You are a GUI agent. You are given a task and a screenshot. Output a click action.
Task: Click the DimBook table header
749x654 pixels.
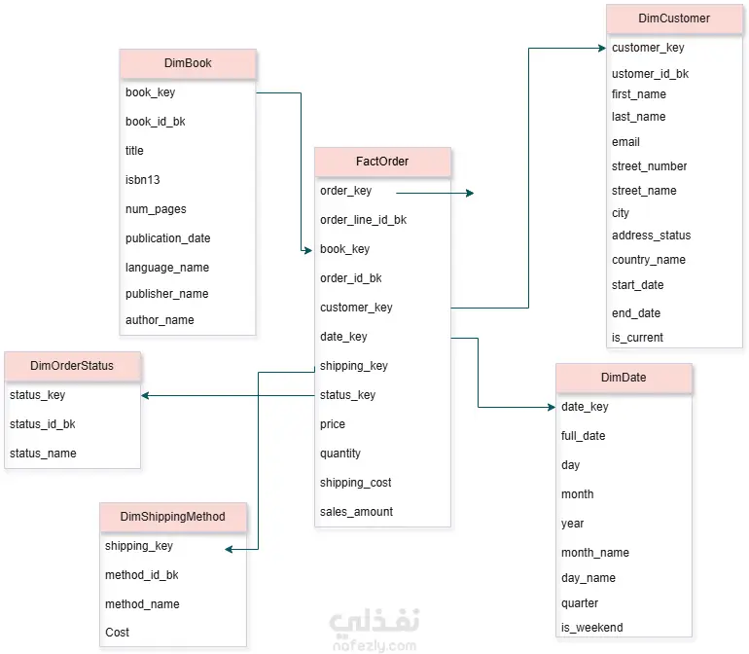coord(188,63)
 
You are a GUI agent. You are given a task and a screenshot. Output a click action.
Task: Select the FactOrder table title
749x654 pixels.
coord(382,162)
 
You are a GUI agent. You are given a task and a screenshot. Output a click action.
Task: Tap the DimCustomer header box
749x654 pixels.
coord(674,18)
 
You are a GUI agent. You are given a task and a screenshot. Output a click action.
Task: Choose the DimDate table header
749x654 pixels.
coord(624,378)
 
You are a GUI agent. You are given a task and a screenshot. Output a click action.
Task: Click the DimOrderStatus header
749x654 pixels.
coord(73,366)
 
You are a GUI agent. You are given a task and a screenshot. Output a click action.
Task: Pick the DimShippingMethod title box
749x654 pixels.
coord(173,517)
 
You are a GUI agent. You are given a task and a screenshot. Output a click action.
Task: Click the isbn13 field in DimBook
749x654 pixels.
coord(142,180)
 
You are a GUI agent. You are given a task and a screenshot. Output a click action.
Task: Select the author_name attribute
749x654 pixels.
coord(160,320)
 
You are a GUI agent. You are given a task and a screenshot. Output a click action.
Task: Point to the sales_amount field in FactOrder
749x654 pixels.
coord(356,512)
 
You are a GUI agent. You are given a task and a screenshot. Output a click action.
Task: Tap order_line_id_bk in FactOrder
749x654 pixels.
coord(363,220)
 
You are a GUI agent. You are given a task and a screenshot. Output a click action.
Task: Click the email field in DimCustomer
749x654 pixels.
coord(625,142)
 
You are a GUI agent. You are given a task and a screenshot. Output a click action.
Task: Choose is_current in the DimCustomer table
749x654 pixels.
coord(637,338)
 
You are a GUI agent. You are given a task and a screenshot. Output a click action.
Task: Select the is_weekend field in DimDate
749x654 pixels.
coord(591,628)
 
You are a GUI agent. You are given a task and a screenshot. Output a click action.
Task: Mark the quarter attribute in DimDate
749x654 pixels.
coord(580,603)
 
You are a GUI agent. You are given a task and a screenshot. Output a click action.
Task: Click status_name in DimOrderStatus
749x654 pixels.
coord(43,454)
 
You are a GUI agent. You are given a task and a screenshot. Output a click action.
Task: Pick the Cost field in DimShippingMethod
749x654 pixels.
coord(117,633)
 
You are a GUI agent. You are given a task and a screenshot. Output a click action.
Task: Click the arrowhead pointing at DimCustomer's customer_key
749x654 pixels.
coord(602,48)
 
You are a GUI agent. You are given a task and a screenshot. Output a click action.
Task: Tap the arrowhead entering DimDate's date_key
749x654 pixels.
coord(552,408)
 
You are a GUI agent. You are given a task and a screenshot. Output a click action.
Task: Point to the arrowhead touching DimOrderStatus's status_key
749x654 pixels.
coord(145,395)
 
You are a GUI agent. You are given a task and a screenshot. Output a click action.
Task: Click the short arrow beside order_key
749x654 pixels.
coord(435,193)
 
